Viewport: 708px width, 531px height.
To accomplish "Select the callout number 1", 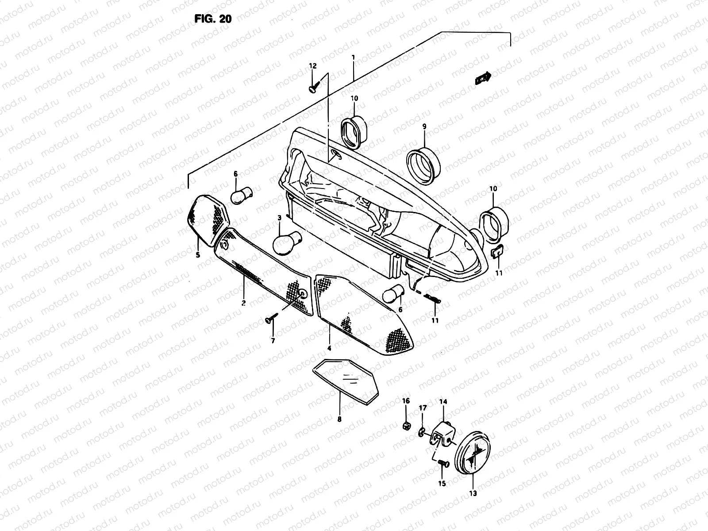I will [353, 58].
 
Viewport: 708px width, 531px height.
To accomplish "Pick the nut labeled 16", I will [406, 426].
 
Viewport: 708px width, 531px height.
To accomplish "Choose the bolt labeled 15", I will [442, 463].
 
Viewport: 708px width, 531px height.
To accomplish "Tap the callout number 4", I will [329, 348].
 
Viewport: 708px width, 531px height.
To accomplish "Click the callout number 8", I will [340, 419].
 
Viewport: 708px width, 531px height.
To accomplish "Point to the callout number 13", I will [473, 493].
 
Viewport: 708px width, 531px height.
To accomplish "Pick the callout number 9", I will [424, 127].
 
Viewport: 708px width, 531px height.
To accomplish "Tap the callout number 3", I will [279, 217].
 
